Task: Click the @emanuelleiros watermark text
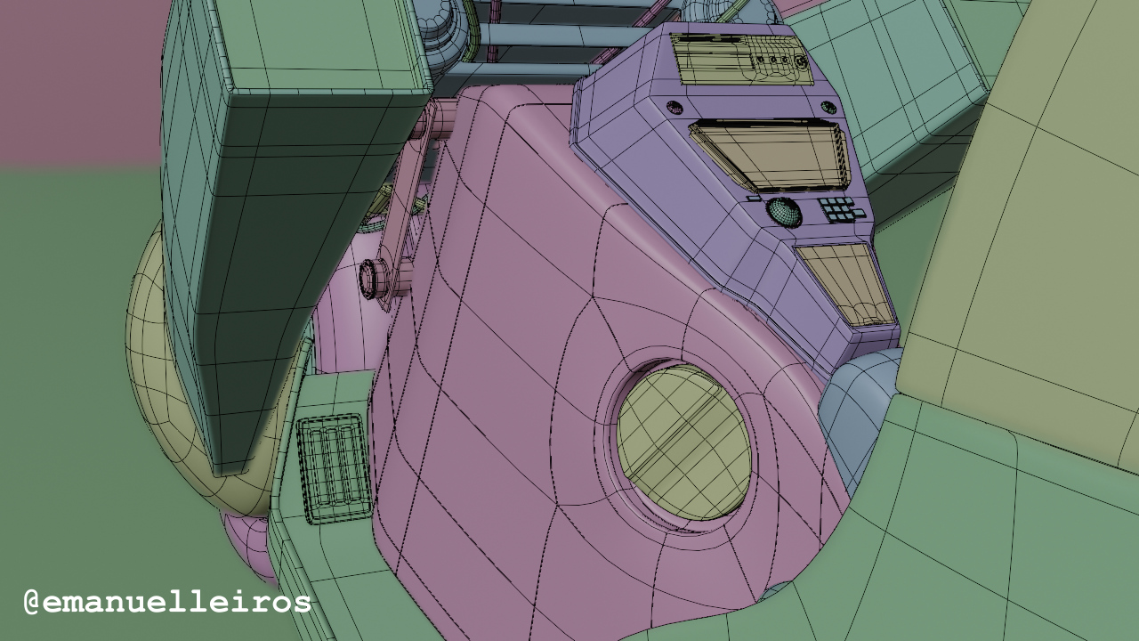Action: [167, 603]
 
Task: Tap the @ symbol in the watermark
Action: [32, 603]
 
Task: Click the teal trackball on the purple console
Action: [784, 211]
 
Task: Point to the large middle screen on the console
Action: [771, 154]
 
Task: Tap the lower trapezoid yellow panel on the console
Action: [844, 284]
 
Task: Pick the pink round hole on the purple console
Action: [675, 107]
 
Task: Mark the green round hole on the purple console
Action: [828, 107]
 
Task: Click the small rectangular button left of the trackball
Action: [754, 199]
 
